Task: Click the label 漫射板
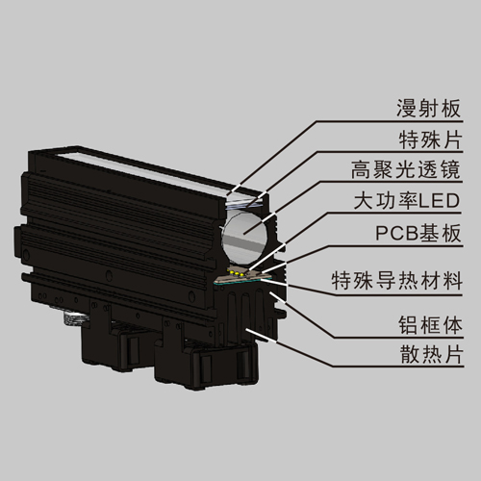pyautogui.click(x=428, y=109)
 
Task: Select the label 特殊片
pyautogui.click(x=430, y=139)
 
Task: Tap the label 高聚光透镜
pyautogui.click(x=406, y=170)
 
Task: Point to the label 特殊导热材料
pyautogui.click(x=396, y=281)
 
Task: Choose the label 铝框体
pyautogui.click(x=430, y=325)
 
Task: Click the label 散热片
pyautogui.click(x=432, y=355)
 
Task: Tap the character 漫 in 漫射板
pyautogui.click(x=407, y=109)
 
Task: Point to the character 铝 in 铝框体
pyautogui.click(x=409, y=325)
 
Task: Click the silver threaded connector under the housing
pyautogui.click(x=75, y=318)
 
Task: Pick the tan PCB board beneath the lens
pyautogui.click(x=243, y=275)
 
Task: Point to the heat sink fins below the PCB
pyautogui.click(x=247, y=310)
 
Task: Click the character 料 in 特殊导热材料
pyautogui.click(x=451, y=281)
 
